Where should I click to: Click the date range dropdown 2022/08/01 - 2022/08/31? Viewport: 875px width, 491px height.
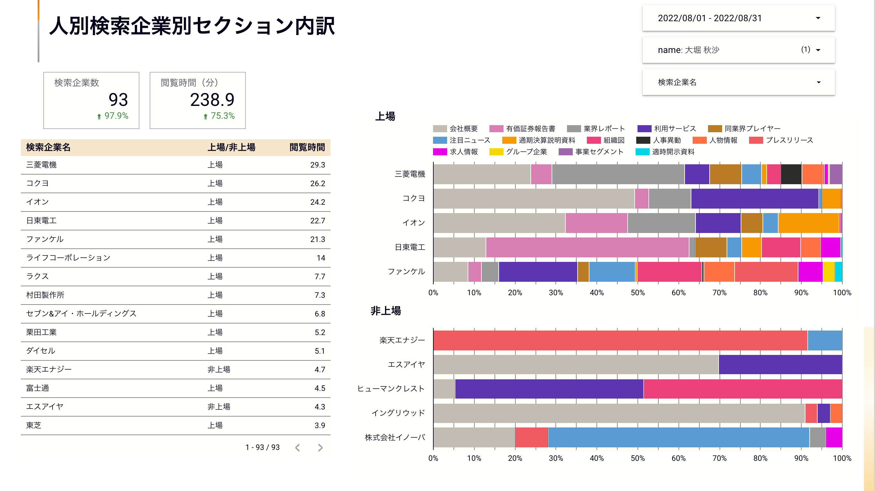point(738,18)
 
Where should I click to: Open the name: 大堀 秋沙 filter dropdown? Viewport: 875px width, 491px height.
point(738,50)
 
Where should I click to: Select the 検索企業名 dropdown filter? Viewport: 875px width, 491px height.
point(738,82)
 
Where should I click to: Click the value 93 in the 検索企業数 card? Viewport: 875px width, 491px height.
point(118,99)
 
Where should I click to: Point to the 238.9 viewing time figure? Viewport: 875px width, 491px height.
point(212,99)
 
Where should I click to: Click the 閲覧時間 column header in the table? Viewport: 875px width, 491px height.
point(307,147)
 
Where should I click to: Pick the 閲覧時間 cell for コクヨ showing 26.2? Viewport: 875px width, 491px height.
point(317,184)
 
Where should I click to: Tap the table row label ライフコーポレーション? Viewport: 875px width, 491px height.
point(68,258)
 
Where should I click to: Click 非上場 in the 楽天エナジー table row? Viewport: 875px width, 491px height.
point(219,369)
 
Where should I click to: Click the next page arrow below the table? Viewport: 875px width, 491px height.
point(320,447)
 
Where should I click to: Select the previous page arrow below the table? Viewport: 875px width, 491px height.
point(297,447)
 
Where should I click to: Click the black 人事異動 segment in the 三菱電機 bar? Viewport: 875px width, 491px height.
point(791,174)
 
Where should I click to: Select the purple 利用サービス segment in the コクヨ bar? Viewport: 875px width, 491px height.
point(754,199)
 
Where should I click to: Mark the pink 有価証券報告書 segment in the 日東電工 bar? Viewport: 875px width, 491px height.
point(587,247)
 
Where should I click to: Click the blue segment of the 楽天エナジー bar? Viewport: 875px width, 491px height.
point(824,340)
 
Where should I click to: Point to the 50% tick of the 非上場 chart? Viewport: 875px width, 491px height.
point(637,458)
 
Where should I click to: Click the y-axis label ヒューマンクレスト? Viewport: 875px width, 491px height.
point(391,388)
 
